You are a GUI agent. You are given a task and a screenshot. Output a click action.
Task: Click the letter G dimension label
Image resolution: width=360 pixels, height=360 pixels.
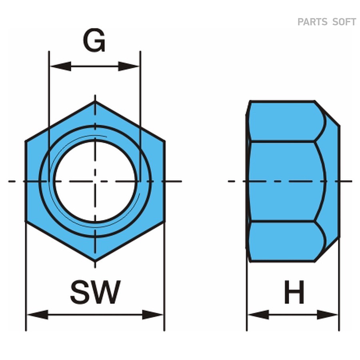pos(94,41)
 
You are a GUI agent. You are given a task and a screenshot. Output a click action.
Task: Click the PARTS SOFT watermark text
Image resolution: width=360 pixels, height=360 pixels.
pos(327,22)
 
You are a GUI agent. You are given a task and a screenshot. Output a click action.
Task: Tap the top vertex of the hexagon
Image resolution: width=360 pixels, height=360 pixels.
pos(95,102)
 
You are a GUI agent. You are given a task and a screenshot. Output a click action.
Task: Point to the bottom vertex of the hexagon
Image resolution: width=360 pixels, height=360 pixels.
pos(95,261)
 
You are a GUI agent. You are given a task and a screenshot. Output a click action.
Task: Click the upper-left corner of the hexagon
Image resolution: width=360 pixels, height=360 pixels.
pos(26,142)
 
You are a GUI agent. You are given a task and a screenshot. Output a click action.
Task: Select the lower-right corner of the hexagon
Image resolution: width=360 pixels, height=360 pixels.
pos(164,221)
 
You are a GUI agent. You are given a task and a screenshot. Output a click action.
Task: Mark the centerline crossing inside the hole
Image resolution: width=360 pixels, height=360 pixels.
pos(95,181)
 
